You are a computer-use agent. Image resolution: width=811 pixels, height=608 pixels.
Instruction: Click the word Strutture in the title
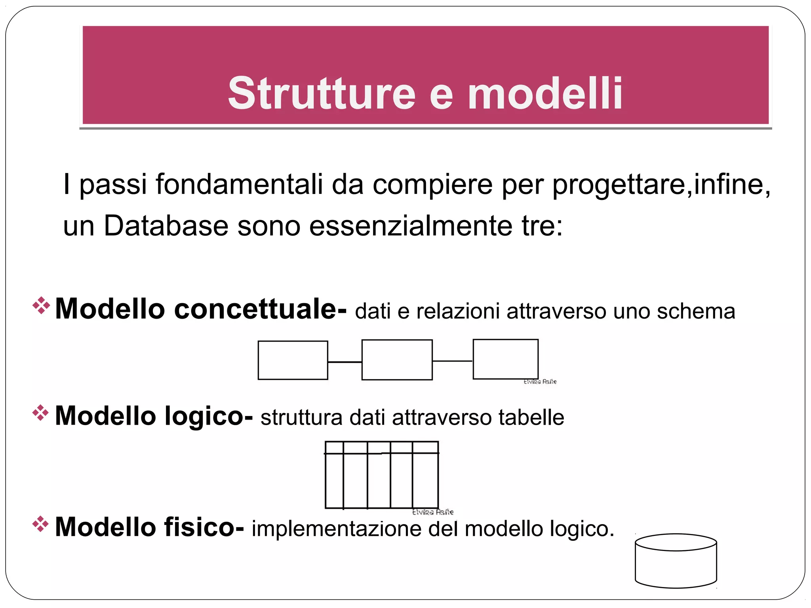click(322, 94)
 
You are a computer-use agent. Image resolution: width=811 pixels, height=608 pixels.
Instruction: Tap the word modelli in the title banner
click(545, 94)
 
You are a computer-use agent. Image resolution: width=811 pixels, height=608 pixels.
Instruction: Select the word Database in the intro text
click(166, 226)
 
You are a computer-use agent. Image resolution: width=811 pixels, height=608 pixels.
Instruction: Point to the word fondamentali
click(239, 184)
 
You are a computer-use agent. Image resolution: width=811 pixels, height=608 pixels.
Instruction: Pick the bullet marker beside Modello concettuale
click(41, 305)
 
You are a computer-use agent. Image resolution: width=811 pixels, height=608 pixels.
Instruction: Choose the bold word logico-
click(208, 416)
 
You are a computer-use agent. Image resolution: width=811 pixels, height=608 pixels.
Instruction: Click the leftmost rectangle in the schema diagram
click(293, 360)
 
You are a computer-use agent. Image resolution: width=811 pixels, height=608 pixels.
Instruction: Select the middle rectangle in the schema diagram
click(397, 360)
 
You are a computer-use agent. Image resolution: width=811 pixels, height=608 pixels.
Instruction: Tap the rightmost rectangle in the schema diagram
click(505, 359)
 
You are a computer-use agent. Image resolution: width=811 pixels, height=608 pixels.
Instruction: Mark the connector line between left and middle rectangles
click(345, 362)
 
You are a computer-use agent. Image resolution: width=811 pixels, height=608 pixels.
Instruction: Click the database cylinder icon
click(676, 561)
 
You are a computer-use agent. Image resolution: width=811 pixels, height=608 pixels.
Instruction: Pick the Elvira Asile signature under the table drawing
click(433, 512)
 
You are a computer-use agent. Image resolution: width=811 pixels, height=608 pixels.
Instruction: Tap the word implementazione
click(336, 529)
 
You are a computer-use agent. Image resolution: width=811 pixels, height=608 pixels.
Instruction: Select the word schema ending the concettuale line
click(696, 311)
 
